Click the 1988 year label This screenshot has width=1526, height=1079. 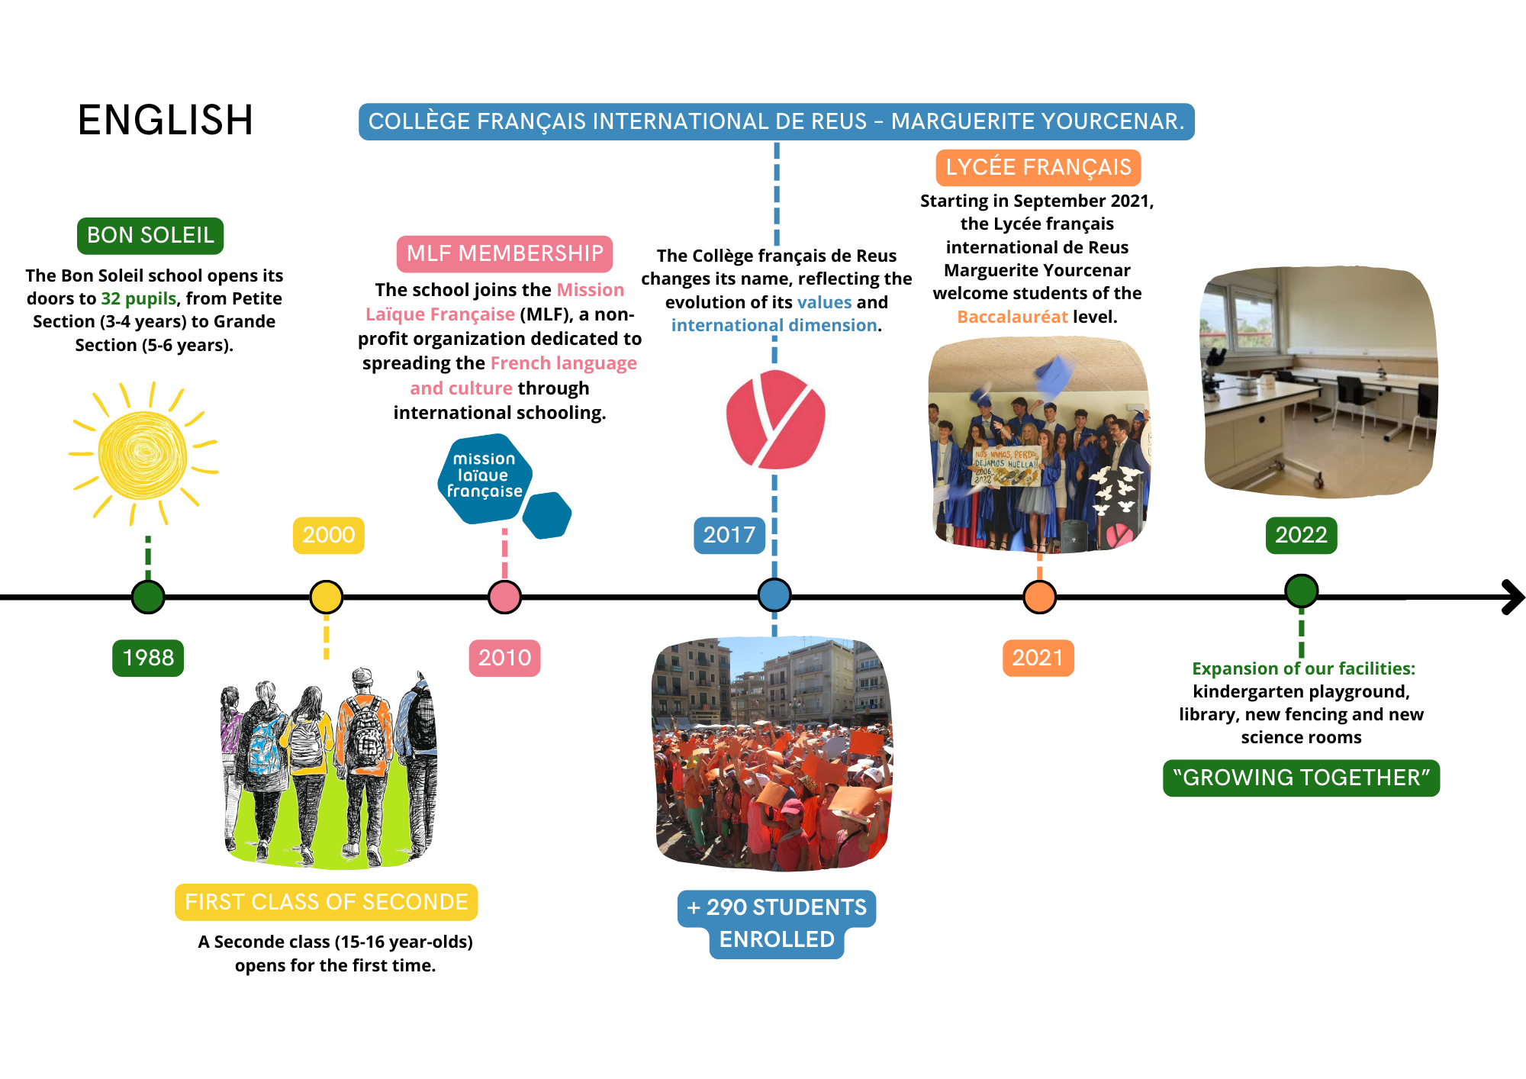point(148,658)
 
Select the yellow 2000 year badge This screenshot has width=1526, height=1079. point(329,535)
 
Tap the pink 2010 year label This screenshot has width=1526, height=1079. point(504,658)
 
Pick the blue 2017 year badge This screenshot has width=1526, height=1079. point(729,535)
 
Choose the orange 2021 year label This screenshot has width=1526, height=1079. point(1038,658)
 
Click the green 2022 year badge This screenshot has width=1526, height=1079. point(1301,535)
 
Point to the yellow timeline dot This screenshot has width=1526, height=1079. point(327,597)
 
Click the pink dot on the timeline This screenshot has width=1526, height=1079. point(504,597)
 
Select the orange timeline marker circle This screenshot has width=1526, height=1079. point(1039,597)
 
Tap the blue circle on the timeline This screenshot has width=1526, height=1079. point(774,595)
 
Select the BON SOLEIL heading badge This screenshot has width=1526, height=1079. point(150,235)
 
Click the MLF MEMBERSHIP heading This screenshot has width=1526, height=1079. point(504,253)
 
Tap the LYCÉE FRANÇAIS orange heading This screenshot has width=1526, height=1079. point(1038,167)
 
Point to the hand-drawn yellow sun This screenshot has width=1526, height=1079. point(143,456)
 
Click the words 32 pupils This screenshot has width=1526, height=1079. point(138,298)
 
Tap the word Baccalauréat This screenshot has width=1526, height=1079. point(1012,317)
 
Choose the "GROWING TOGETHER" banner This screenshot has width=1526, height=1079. point(1301,778)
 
